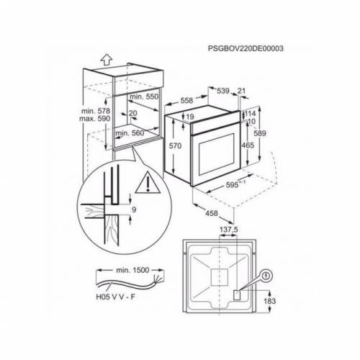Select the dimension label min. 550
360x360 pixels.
(x=145, y=95)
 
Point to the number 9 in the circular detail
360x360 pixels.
(x=134, y=210)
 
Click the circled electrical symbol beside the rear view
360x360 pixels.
(x=266, y=274)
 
